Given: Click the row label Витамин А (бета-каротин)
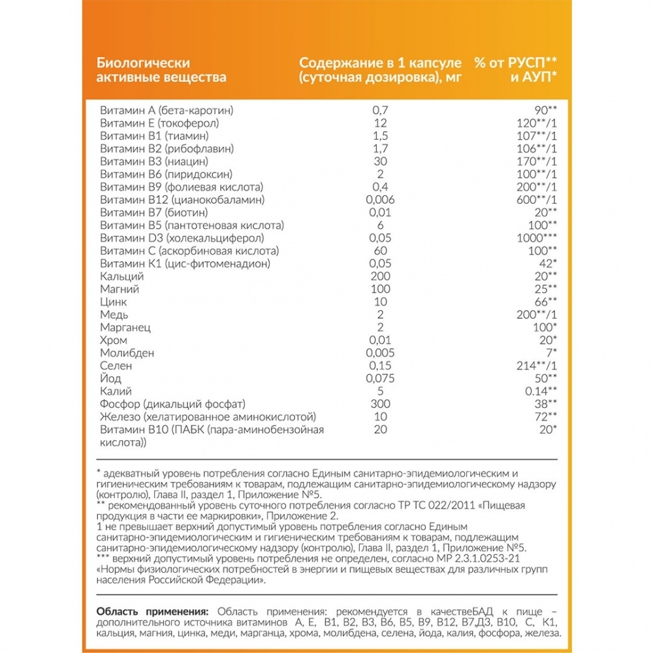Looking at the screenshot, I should pyautogui.click(x=167, y=110).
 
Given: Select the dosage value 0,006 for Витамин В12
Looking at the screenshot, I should pyautogui.click(x=382, y=199).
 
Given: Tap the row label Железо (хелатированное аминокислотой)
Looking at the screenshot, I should pyautogui.click(x=208, y=417).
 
